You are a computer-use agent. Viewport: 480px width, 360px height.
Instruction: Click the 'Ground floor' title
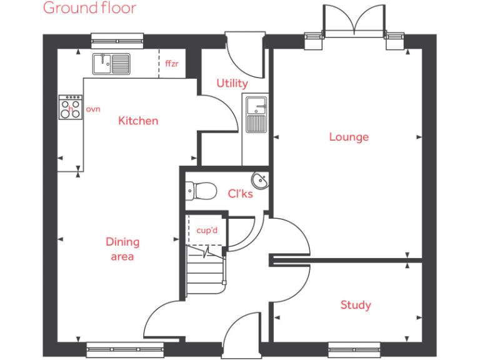point(89,9)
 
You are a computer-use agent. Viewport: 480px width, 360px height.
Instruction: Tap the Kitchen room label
point(138,121)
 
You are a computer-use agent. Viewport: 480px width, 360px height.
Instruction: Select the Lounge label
point(349,137)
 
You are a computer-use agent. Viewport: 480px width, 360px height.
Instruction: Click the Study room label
point(356,305)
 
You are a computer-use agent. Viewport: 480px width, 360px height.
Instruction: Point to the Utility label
point(232,83)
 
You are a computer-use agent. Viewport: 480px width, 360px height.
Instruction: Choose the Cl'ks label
point(241,194)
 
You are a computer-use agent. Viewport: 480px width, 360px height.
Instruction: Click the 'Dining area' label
point(122,249)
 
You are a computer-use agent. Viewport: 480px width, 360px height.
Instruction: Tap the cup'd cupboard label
point(207,231)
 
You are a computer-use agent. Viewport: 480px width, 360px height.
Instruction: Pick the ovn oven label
point(93,109)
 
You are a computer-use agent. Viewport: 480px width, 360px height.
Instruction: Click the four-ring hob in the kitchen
point(71,107)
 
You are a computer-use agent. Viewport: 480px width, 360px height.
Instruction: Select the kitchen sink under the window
point(111,63)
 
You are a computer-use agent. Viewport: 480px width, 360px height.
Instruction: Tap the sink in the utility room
point(256,114)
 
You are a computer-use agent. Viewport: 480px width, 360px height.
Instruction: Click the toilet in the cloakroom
point(200,189)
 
